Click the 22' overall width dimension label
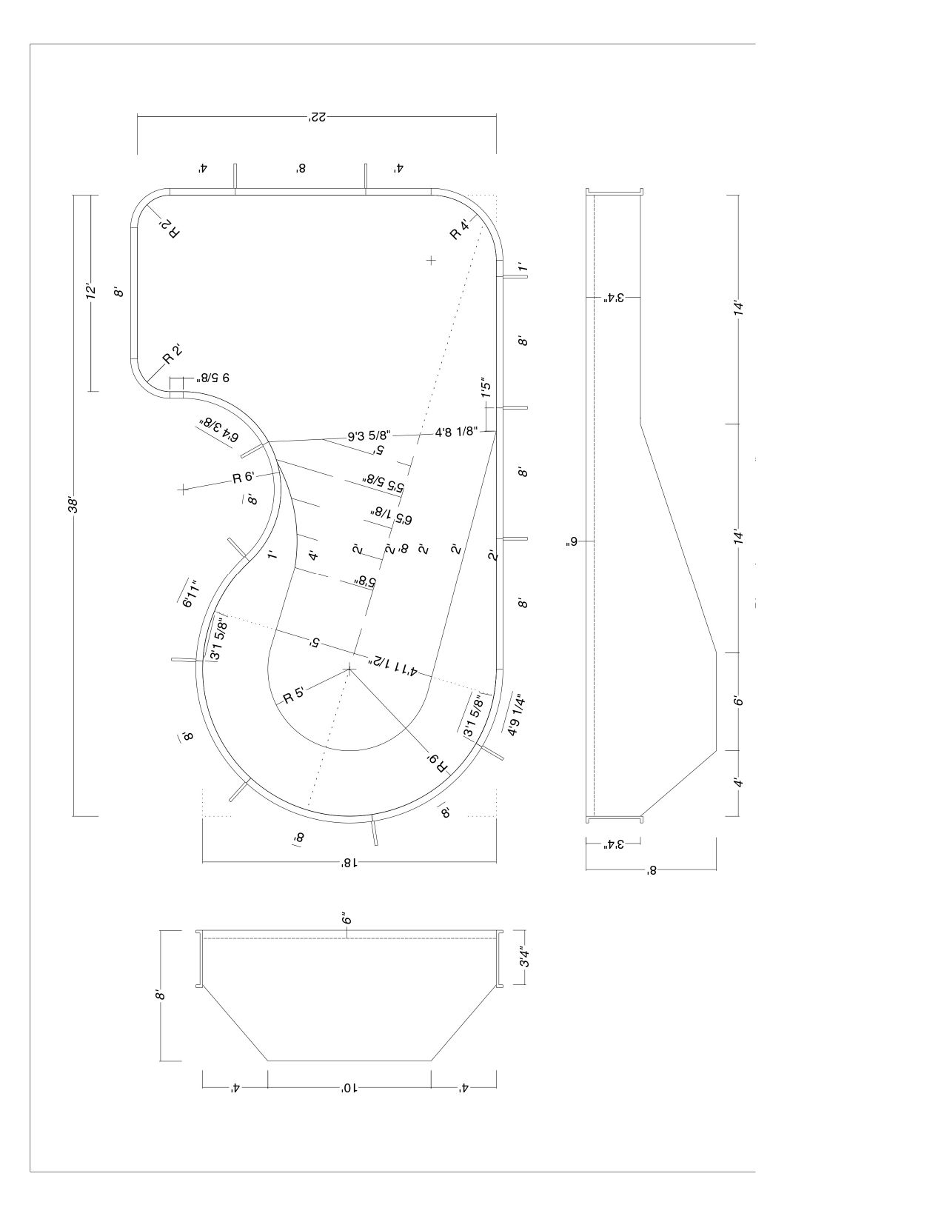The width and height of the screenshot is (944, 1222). (x=317, y=117)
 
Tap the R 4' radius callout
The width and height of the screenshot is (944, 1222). (x=460, y=230)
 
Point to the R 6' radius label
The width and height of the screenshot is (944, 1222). (x=244, y=478)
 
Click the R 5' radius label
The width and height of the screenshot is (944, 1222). (x=293, y=695)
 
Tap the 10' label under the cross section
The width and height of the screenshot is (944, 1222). (x=348, y=1088)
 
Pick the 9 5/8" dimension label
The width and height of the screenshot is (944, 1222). (x=213, y=378)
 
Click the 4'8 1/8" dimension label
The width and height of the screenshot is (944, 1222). (x=455, y=430)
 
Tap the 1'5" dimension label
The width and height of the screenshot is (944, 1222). (x=486, y=389)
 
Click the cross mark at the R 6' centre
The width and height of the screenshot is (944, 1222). (x=183, y=489)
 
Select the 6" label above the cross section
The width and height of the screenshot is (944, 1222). (x=346, y=919)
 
